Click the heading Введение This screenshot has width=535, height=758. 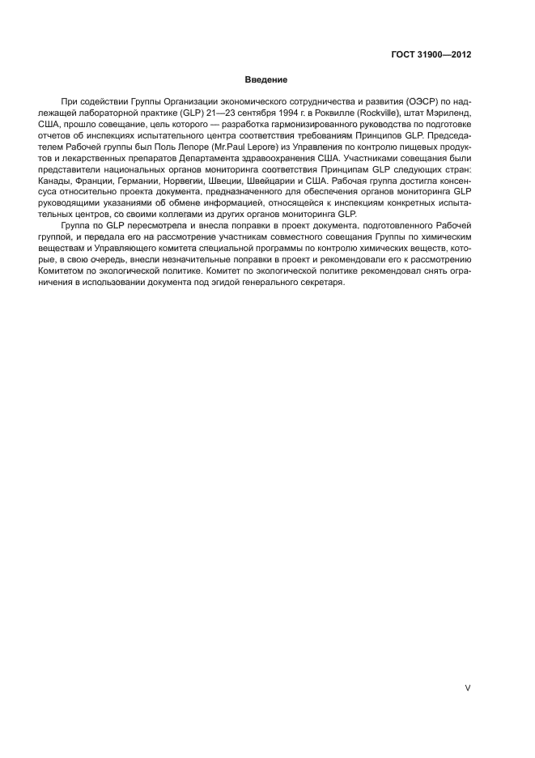[x=267, y=79]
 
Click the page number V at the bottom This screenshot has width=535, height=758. [x=467, y=688]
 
